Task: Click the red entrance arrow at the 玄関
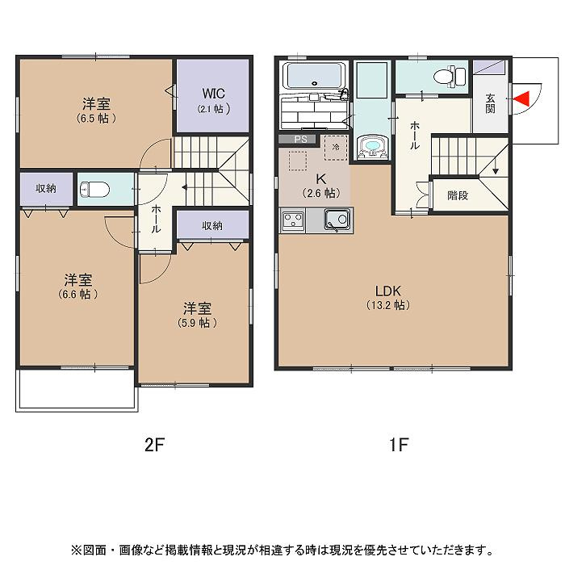click(x=521, y=98)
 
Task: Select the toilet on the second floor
click(x=95, y=190)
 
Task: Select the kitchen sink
click(x=336, y=220)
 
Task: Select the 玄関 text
click(x=490, y=103)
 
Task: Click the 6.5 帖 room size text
click(x=96, y=118)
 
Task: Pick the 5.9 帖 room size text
click(x=197, y=322)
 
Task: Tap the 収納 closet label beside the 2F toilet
click(x=46, y=188)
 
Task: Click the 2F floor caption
click(x=154, y=444)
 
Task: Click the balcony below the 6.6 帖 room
click(x=75, y=391)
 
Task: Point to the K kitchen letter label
click(x=320, y=178)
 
